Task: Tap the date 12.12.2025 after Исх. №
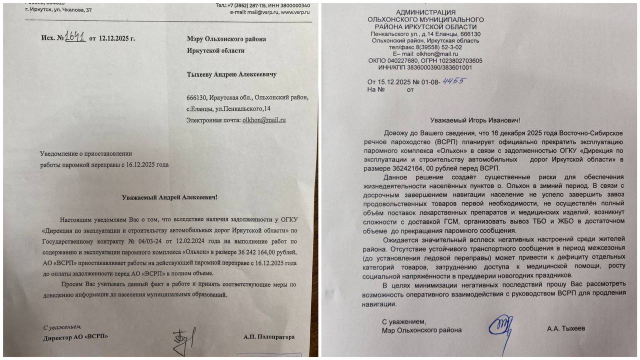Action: [x=117, y=38]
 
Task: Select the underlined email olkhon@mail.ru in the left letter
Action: [x=263, y=120]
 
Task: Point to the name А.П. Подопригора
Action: [x=269, y=337]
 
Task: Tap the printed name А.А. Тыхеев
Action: [x=566, y=328]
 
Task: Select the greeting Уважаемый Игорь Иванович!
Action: [x=475, y=120]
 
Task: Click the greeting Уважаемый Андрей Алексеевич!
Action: [x=170, y=197]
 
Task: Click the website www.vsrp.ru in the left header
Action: [x=295, y=12]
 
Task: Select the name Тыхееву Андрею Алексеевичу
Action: [x=231, y=74]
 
